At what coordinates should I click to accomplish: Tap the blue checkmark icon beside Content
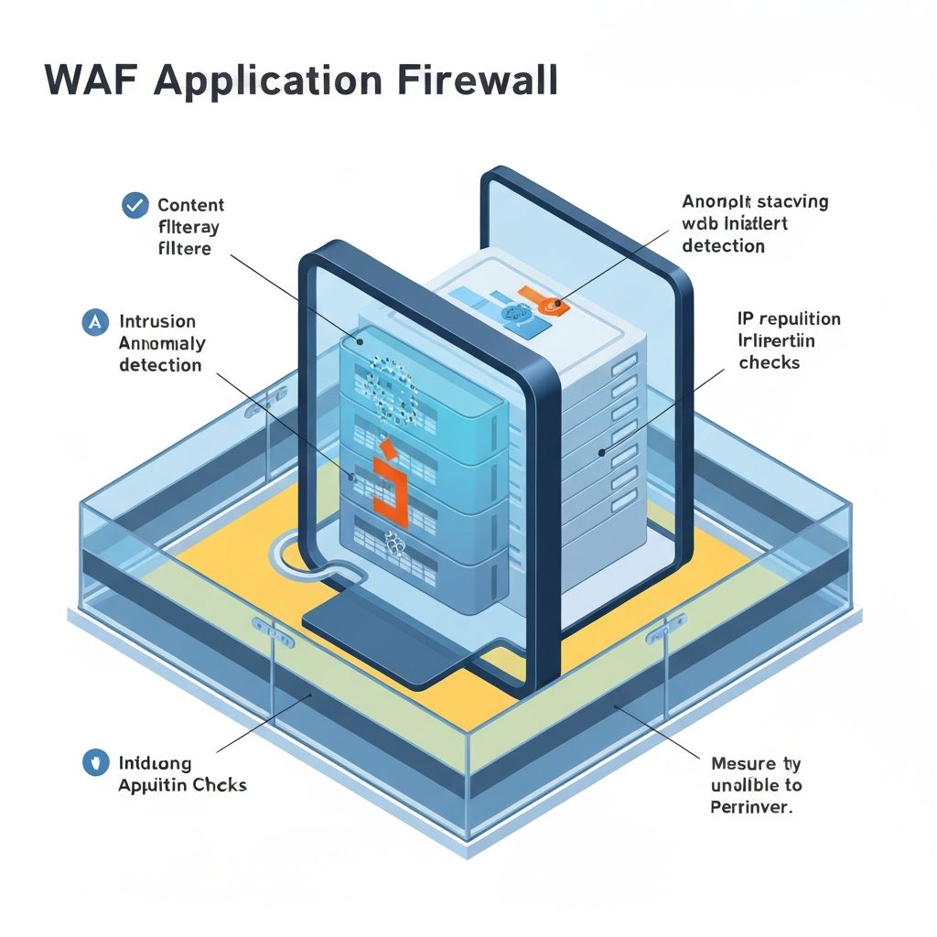coord(135,205)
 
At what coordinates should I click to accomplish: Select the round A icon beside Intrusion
coord(95,321)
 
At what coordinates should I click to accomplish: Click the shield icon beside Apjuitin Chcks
coord(95,763)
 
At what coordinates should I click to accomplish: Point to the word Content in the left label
coord(190,205)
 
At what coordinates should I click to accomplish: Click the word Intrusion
coord(156,321)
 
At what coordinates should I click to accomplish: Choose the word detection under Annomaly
coord(160,365)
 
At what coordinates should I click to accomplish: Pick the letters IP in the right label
coord(746,318)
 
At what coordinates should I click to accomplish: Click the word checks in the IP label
coord(769,362)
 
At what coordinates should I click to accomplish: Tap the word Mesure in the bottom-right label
coord(741,763)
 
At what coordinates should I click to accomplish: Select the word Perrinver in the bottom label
coord(751,807)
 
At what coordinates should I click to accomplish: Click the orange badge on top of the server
coord(549,304)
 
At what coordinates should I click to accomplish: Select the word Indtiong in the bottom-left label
coord(156,762)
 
